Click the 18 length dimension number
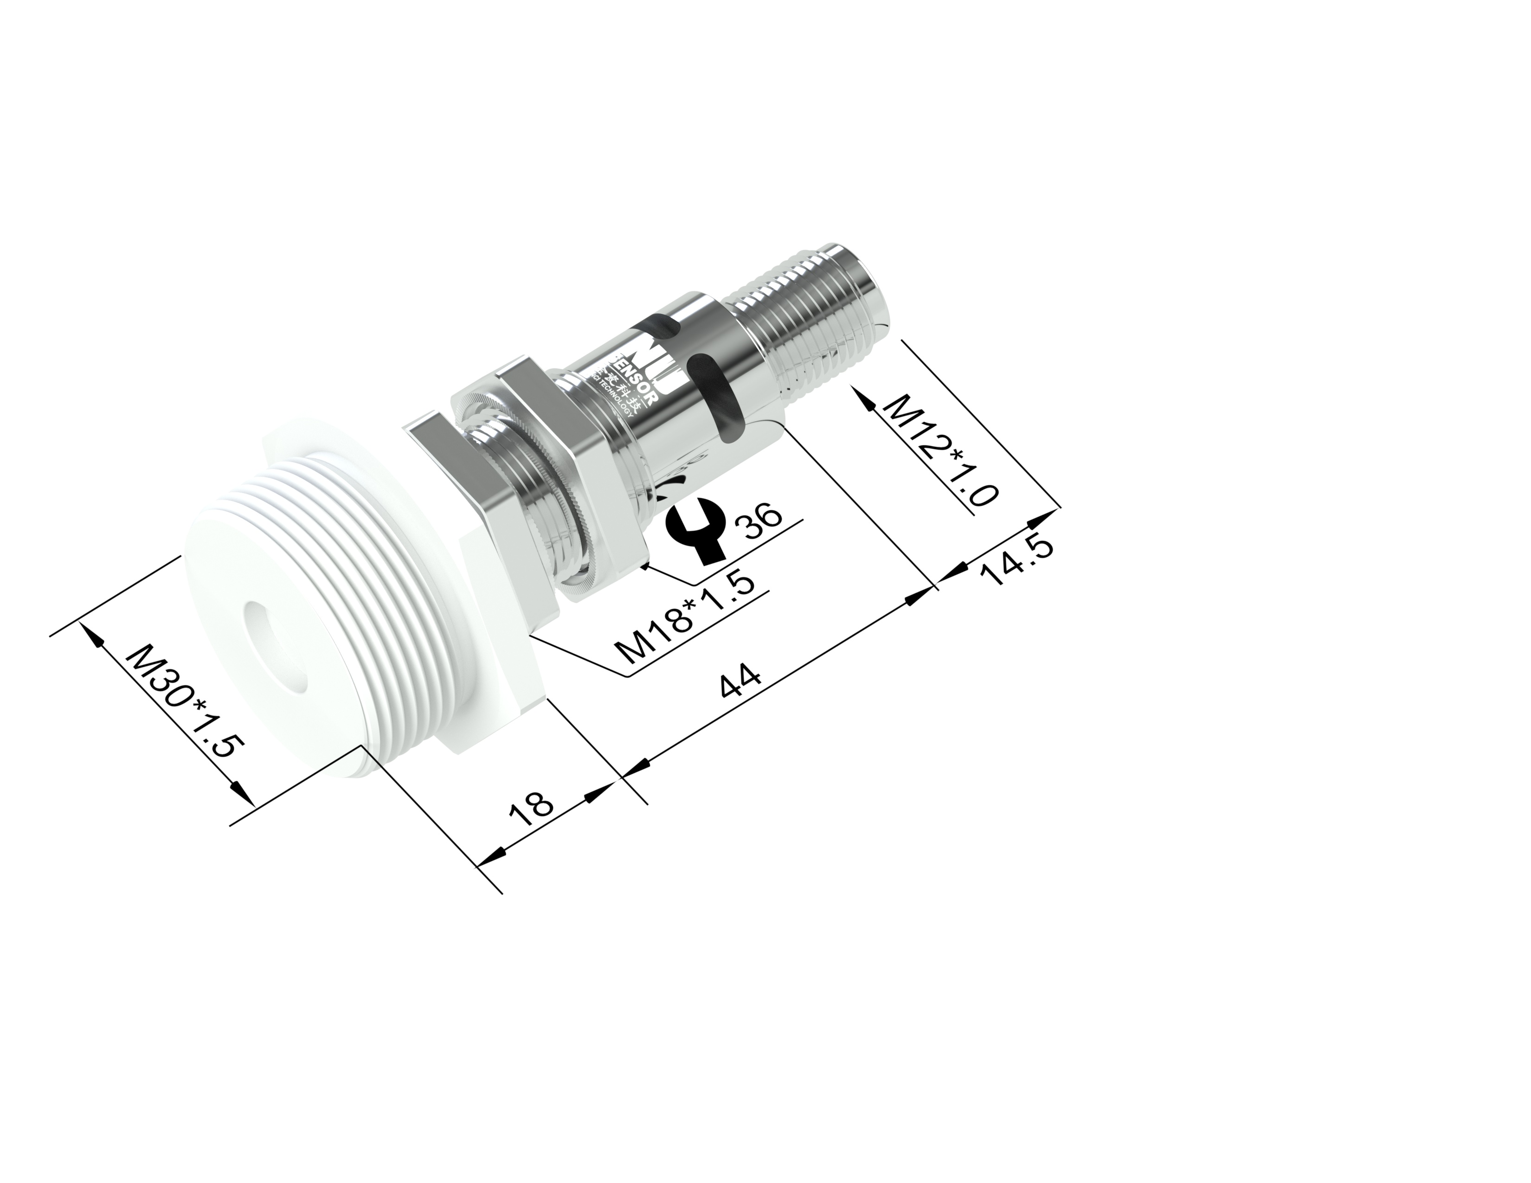(x=531, y=805)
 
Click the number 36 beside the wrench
(x=760, y=521)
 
